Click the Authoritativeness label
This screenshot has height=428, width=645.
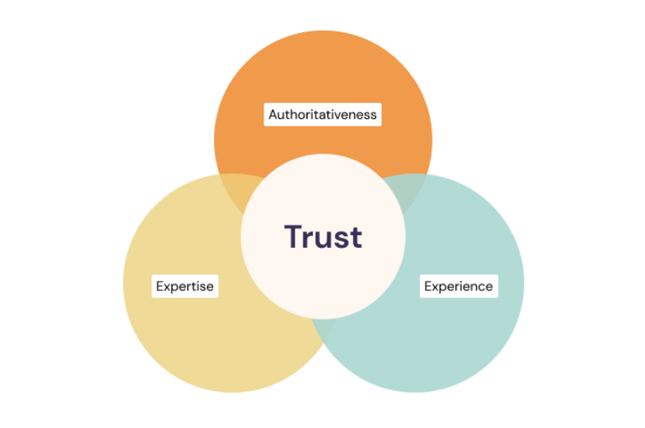[322, 114]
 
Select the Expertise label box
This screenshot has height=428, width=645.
[185, 286]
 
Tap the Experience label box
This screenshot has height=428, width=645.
[459, 286]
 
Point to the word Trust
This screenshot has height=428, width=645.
[322, 237]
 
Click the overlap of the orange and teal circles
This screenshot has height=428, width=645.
[411, 189]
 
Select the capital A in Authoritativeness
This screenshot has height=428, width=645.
[273, 114]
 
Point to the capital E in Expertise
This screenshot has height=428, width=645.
[160, 286]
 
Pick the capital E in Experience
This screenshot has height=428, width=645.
[428, 286]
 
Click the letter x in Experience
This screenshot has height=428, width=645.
[436, 286]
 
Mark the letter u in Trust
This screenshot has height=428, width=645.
[322, 239]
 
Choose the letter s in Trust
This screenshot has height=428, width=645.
[341, 239]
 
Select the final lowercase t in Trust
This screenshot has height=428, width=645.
[356, 238]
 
